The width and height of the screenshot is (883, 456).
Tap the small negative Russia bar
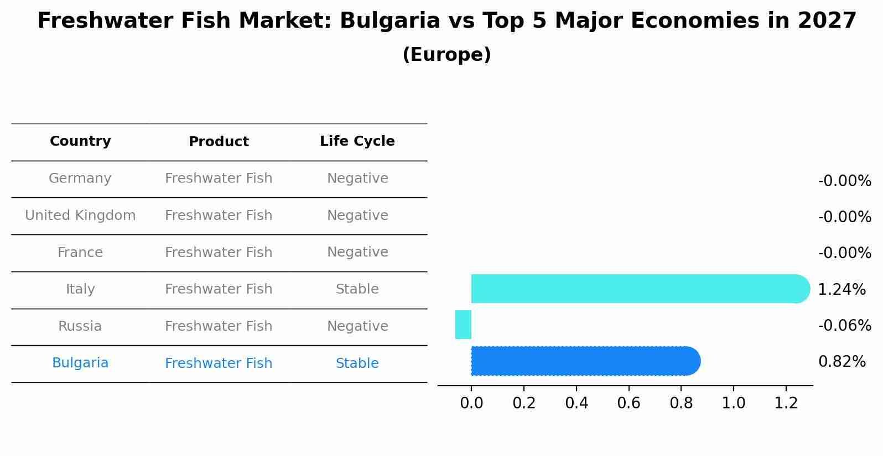coord(463,325)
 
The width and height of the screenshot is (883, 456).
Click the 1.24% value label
coord(842,289)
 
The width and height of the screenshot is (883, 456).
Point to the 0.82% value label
coord(842,362)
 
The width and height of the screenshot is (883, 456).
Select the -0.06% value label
coord(844,325)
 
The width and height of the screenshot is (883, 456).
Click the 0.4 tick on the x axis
coord(576,403)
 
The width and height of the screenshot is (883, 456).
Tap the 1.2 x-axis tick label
coord(786,403)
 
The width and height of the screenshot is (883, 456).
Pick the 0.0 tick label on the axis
coord(471,403)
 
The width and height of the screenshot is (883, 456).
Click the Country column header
coord(80,141)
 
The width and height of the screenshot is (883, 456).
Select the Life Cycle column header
coord(357,141)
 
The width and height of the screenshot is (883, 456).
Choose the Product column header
coord(219,142)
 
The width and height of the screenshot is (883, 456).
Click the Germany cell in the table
coord(80,178)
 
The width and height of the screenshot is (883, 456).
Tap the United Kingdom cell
coord(80,216)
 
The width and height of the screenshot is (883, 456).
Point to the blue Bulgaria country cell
coord(80,363)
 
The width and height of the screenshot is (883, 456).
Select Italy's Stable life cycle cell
coord(357,289)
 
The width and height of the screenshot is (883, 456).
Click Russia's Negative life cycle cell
coord(357,326)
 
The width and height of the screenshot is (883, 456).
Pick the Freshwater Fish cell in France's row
coord(219,253)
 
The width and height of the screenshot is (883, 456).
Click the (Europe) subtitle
coord(446,55)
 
